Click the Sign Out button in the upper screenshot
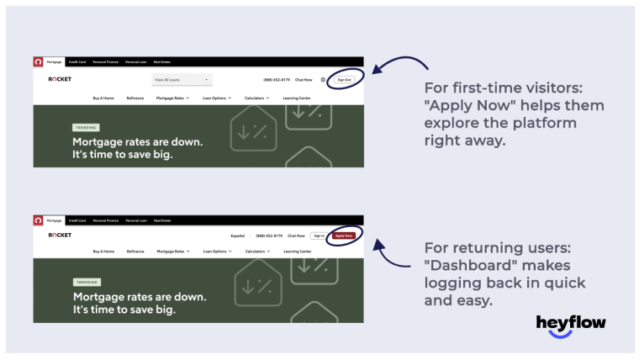(x=344, y=80)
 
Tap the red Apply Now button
(x=343, y=236)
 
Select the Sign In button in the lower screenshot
(x=318, y=236)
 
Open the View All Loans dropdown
(x=182, y=80)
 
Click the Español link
(x=238, y=236)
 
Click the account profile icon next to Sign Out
(x=323, y=80)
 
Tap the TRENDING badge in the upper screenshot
(x=86, y=127)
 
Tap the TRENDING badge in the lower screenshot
(x=86, y=282)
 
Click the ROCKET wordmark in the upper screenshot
(x=60, y=80)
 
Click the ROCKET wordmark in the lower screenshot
(x=60, y=236)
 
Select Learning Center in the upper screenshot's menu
(x=297, y=98)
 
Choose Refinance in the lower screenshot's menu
(x=135, y=251)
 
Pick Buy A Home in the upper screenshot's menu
(x=103, y=98)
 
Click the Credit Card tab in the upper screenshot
(x=77, y=61)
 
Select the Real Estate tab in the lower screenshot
(x=161, y=220)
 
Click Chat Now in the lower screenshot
(x=296, y=236)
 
